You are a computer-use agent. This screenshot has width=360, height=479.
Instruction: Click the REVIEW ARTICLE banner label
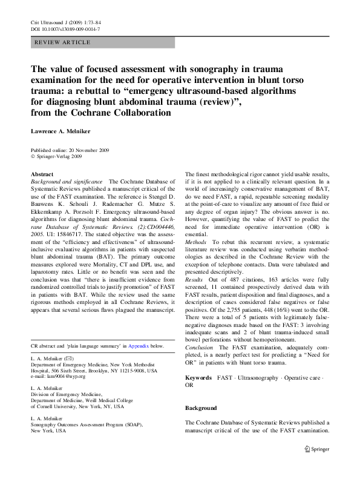tap(63, 42)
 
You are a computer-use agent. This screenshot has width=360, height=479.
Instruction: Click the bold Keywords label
tap(199, 378)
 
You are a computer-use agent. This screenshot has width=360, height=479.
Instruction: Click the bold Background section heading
tap(201, 408)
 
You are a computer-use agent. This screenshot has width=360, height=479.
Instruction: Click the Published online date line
tap(71, 149)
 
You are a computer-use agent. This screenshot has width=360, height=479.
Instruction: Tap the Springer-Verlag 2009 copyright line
tap(59, 156)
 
